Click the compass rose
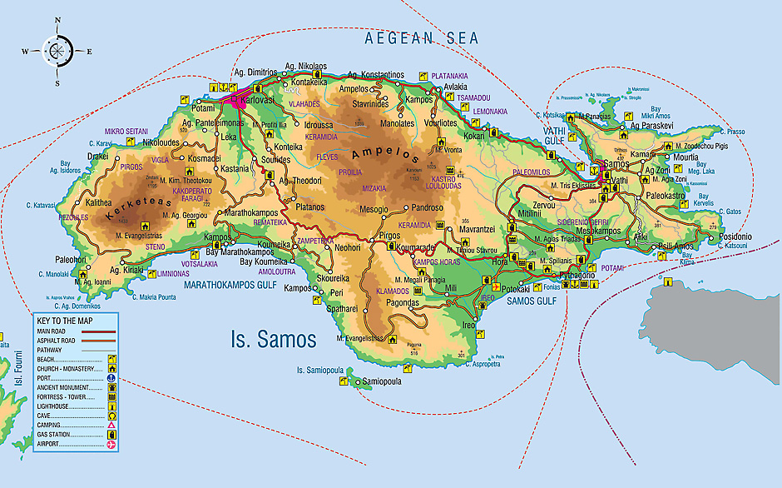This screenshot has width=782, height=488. point(57,51)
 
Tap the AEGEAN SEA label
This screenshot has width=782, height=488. point(422,38)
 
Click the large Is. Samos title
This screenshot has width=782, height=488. point(273,339)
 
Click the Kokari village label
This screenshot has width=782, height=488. point(473,135)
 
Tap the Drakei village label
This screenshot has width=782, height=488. point(98,156)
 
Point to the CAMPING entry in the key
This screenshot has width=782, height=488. point(53,426)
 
